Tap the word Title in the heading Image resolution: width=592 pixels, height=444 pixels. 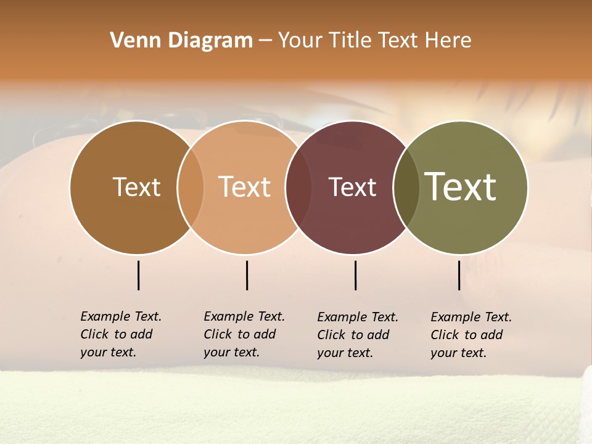pyautogui.click(x=350, y=41)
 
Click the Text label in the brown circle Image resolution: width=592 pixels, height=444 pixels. pyautogui.click(x=136, y=187)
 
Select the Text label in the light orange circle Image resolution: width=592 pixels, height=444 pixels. pyautogui.click(x=245, y=187)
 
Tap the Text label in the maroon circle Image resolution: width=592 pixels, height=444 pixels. pyautogui.click(x=352, y=187)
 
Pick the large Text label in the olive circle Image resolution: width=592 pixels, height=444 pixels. pyautogui.click(x=461, y=187)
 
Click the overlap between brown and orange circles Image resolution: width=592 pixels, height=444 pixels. pyautogui.click(x=191, y=187)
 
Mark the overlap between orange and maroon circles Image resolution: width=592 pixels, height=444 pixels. pyautogui.click(x=298, y=187)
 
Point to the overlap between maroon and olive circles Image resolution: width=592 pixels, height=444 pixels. pyautogui.click(x=406, y=187)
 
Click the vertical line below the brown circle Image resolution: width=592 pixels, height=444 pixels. pyautogui.click(x=138, y=275)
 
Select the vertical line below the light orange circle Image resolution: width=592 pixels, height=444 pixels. pyautogui.click(x=247, y=275)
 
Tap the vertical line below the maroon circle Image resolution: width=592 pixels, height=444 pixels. pyautogui.click(x=355, y=275)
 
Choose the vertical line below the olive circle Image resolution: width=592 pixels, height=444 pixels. pyautogui.click(x=459, y=275)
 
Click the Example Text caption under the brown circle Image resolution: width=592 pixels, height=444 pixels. pyautogui.click(x=120, y=334)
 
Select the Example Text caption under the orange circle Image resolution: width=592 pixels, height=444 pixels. pyautogui.click(x=244, y=334)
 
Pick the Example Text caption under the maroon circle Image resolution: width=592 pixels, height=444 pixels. pyautogui.click(x=357, y=335)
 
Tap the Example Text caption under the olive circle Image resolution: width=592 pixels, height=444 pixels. pyautogui.click(x=471, y=335)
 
